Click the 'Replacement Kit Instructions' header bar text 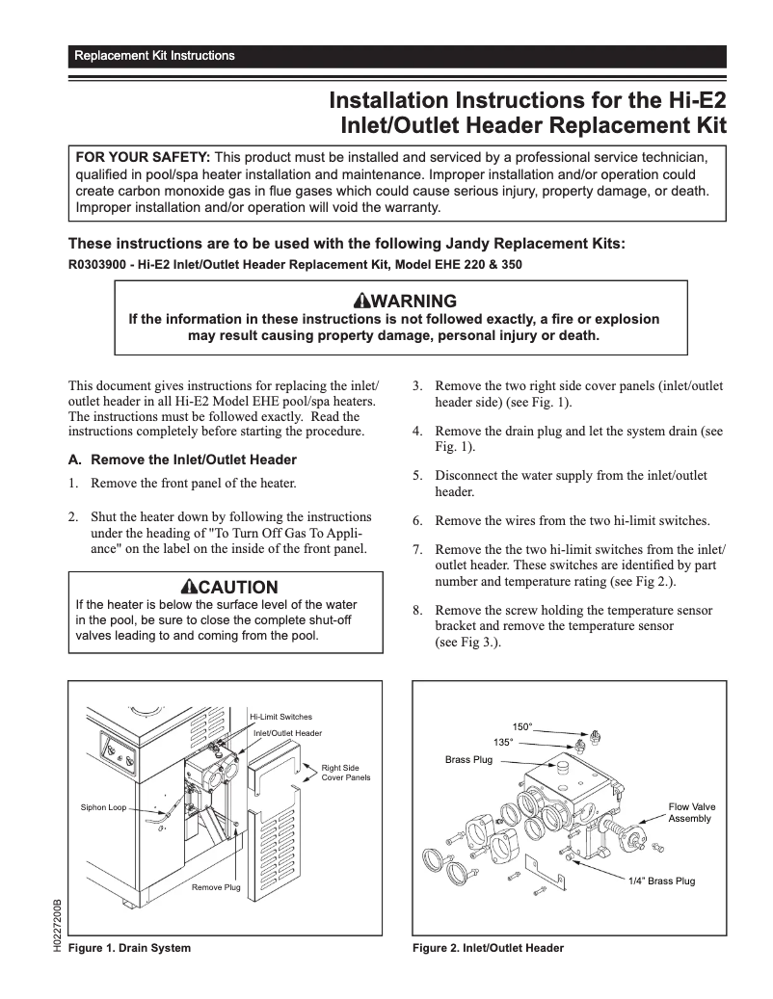tap(154, 56)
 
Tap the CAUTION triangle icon tap(188, 587)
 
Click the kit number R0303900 tap(97, 263)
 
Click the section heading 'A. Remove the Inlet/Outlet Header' tap(182, 460)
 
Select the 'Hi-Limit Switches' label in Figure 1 tap(280, 717)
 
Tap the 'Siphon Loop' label tap(103, 807)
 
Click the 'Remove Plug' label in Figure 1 tap(216, 886)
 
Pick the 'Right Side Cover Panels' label tap(345, 773)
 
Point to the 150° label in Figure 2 tap(521, 726)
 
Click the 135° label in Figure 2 tap(503, 743)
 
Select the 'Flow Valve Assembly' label tap(692, 812)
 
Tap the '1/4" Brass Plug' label tap(661, 881)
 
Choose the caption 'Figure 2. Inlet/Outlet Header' tap(488, 948)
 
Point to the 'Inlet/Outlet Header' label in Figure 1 tap(287, 733)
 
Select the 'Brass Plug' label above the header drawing tap(468, 760)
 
